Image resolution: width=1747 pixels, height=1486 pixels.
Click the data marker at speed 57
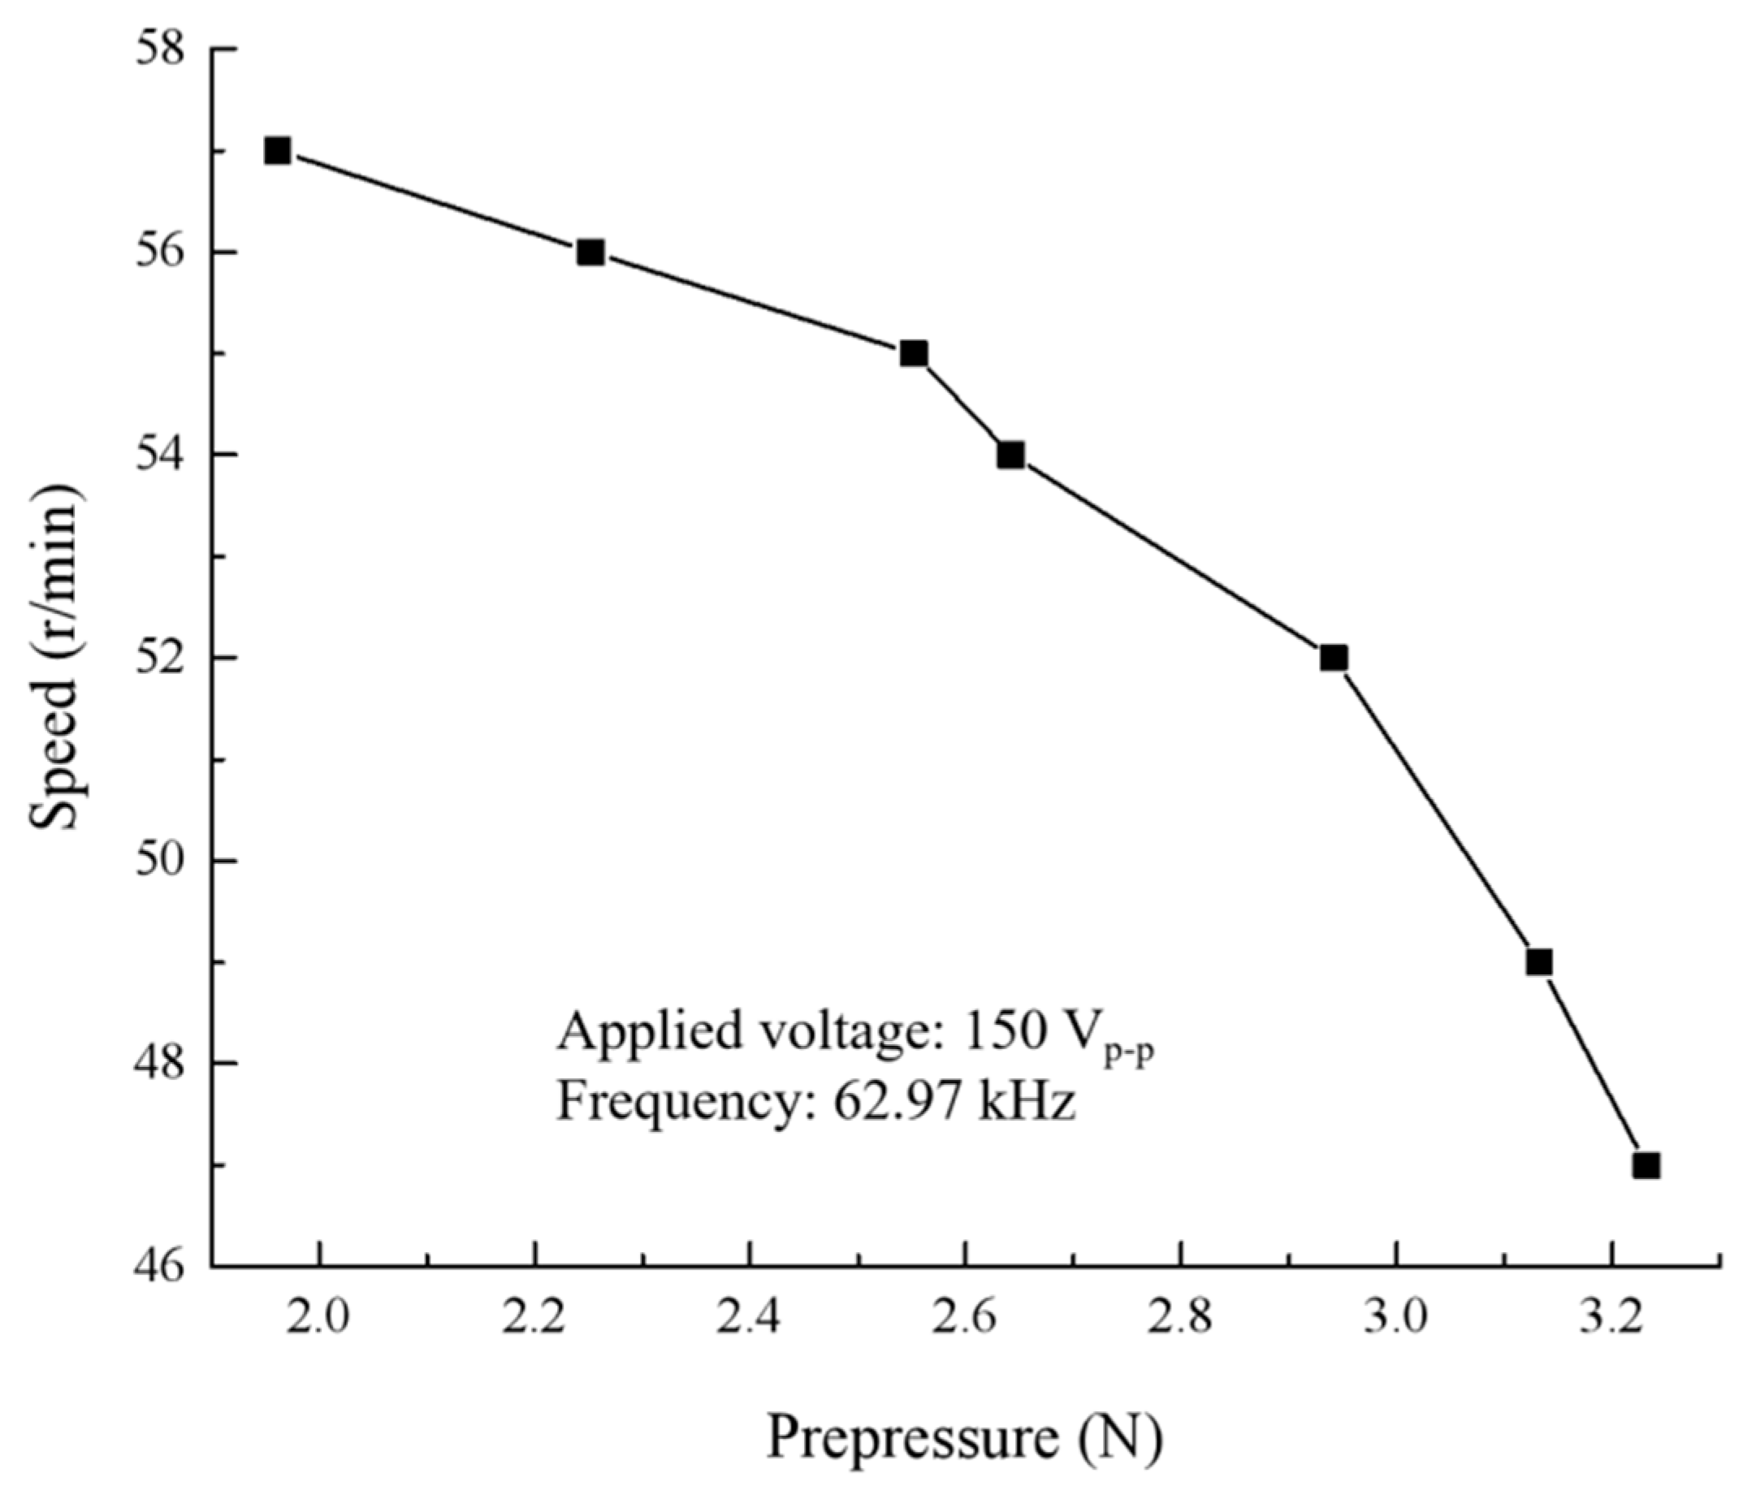(277, 152)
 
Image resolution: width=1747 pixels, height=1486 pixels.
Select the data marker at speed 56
(590, 253)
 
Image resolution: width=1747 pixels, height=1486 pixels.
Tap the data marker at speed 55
(913, 354)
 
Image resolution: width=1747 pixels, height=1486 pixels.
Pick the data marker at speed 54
(1011, 455)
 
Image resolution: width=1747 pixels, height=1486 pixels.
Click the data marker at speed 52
(1334, 658)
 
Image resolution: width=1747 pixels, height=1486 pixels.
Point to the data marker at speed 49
(1539, 962)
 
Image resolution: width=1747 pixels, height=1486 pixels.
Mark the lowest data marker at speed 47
(1646, 1166)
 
